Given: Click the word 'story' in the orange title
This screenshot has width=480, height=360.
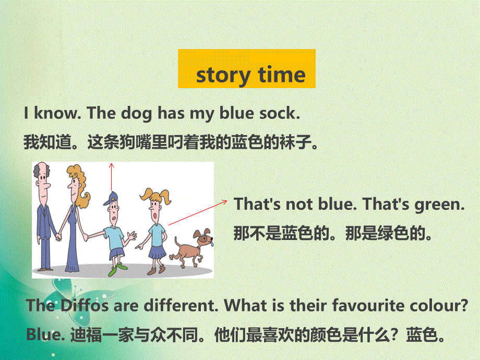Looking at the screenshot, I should point(220,75).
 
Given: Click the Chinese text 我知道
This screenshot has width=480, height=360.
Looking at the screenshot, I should point(47,142).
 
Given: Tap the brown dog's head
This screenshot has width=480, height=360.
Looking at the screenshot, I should point(203,236).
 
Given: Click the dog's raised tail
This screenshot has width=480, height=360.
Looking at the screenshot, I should point(176,241).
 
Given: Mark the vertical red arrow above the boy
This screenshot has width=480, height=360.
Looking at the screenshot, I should point(111,177).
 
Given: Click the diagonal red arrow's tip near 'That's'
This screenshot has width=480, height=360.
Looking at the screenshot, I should point(225,200).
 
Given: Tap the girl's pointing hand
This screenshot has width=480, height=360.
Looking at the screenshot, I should point(138,244).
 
